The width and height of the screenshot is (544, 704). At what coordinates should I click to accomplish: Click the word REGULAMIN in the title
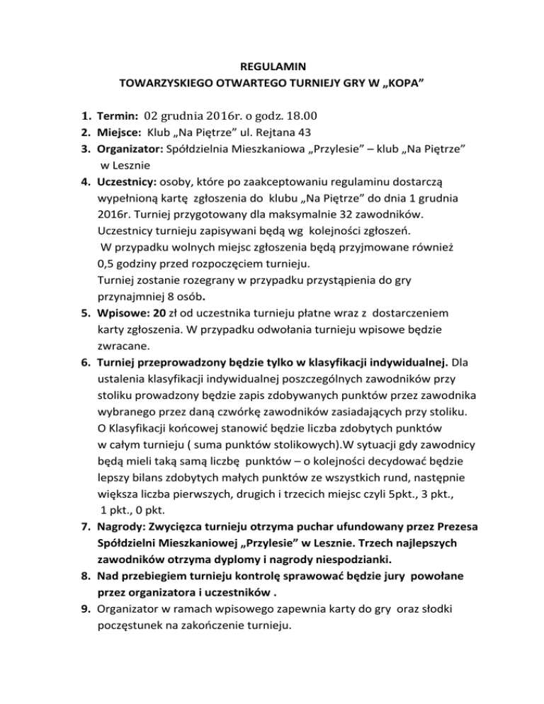pos(272,67)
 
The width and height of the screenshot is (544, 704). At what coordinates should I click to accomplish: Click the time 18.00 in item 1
pos(300,115)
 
